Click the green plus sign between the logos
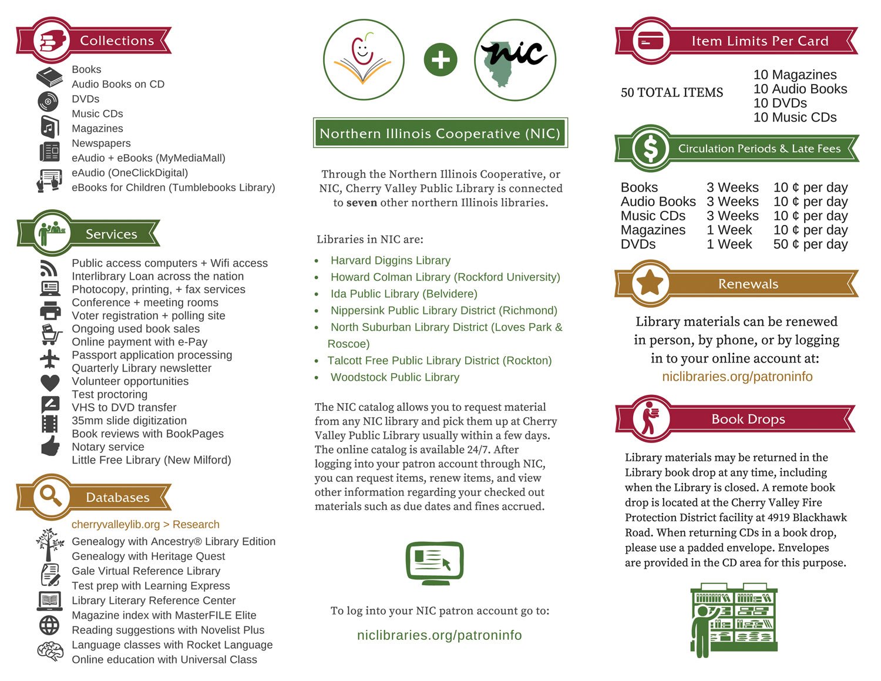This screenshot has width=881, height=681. [x=441, y=60]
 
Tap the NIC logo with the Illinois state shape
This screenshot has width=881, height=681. [x=515, y=59]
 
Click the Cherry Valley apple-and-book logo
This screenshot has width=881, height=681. [x=364, y=59]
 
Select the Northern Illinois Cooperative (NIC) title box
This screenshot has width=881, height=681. [x=440, y=133]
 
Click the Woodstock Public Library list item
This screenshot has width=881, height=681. [x=395, y=377]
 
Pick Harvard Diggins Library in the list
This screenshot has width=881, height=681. [x=391, y=260]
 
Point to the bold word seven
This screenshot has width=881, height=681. [x=361, y=203]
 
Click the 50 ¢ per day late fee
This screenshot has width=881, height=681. [x=810, y=244]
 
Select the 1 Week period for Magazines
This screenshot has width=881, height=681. [x=729, y=230]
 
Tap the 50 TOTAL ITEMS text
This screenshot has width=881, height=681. [x=672, y=92]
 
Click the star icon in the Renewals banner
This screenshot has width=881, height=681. [x=650, y=283]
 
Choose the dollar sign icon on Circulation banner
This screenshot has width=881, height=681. [x=650, y=148]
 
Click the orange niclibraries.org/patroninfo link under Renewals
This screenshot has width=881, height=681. [x=737, y=377]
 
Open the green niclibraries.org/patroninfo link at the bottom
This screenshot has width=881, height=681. [x=439, y=635]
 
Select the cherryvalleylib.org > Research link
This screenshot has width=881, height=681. [x=146, y=524]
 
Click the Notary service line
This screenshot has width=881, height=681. [x=108, y=447]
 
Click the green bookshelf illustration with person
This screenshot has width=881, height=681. [x=734, y=619]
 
